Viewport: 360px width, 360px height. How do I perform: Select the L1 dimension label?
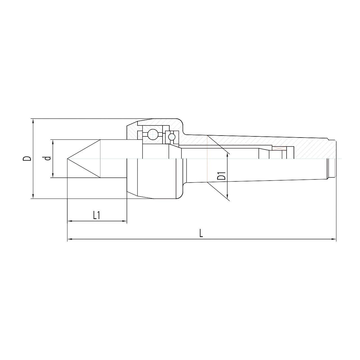click(96, 216)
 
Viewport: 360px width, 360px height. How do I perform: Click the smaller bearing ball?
click(171, 137)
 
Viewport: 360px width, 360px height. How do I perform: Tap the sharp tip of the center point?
click(67, 159)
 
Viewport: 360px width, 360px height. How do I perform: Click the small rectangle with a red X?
click(279, 148)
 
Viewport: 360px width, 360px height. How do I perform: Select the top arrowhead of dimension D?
click(33, 121)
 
